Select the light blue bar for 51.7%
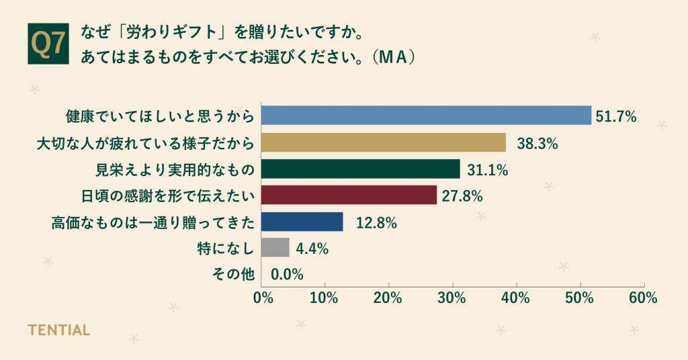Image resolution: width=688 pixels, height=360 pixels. click(x=426, y=116)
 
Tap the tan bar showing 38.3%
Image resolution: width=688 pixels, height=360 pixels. click(x=383, y=142)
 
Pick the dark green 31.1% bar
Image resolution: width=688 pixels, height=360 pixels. click(x=360, y=169)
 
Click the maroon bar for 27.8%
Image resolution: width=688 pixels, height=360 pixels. click(x=349, y=195)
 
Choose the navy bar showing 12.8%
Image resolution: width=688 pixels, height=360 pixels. click(x=302, y=222)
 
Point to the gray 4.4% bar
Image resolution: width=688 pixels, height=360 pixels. click(x=275, y=248)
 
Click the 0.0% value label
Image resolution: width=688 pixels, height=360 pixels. click(x=287, y=275)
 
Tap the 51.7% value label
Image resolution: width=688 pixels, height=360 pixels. click(x=617, y=117)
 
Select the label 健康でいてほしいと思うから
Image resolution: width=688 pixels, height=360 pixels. click(x=160, y=116)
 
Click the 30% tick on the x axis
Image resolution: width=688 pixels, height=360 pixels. click(x=452, y=298)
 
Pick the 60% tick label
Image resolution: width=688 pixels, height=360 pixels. click(x=643, y=298)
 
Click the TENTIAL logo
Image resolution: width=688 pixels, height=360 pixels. click(x=58, y=330)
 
